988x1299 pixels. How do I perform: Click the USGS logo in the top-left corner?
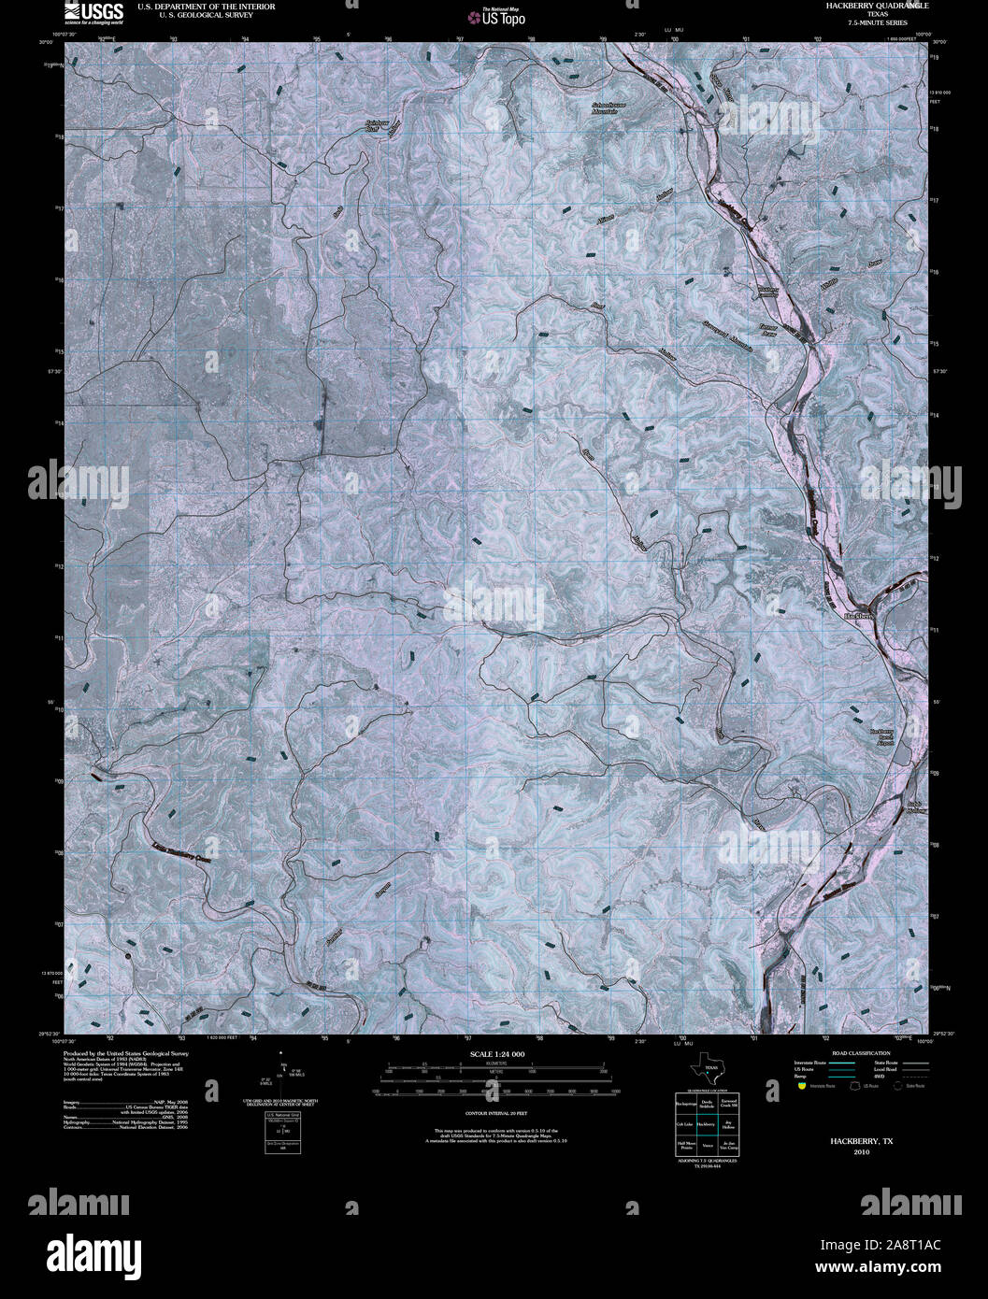[x=93, y=12]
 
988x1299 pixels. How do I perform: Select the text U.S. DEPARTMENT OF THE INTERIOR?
[x=206, y=6]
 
